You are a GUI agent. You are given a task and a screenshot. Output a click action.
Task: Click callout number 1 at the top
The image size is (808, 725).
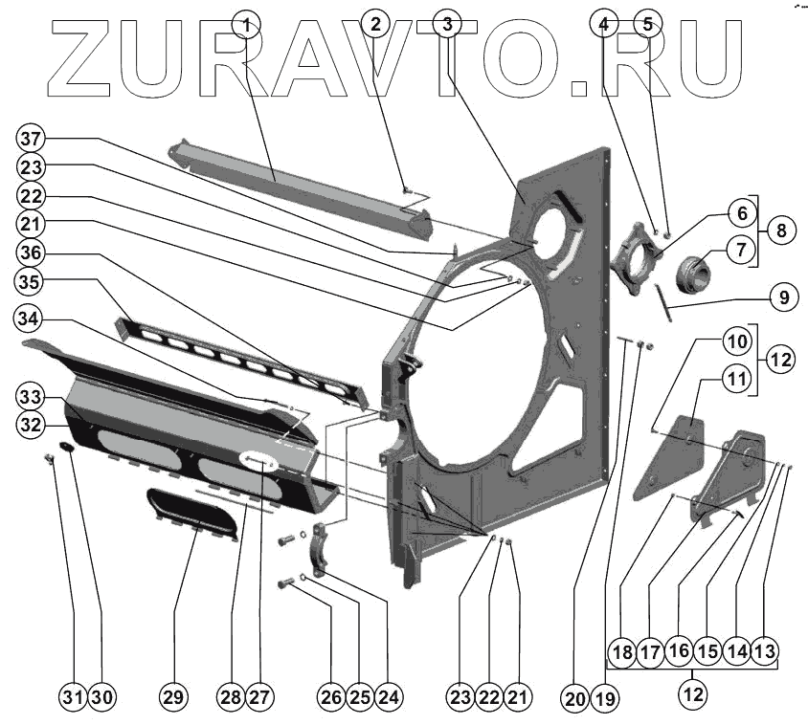point(247,25)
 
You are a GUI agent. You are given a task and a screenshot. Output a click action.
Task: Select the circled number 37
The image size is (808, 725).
point(31,137)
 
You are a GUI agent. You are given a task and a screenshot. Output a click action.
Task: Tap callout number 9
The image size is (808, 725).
point(783,297)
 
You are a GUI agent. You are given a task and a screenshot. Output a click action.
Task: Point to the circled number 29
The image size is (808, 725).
point(171,697)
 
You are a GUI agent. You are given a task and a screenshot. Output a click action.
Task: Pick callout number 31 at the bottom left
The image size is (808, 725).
point(73,697)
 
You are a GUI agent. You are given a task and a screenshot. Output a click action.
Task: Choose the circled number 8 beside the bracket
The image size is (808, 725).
point(782,231)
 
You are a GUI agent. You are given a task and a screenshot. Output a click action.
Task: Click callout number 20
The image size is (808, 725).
point(573,698)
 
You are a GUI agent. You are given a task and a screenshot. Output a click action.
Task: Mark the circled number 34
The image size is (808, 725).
point(31,318)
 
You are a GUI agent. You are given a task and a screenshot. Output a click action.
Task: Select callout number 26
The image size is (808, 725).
point(331,697)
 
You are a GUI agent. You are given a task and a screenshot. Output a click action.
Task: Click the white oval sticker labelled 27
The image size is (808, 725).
point(259,461)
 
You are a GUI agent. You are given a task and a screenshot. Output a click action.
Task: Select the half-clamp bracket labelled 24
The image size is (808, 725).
point(320,556)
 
